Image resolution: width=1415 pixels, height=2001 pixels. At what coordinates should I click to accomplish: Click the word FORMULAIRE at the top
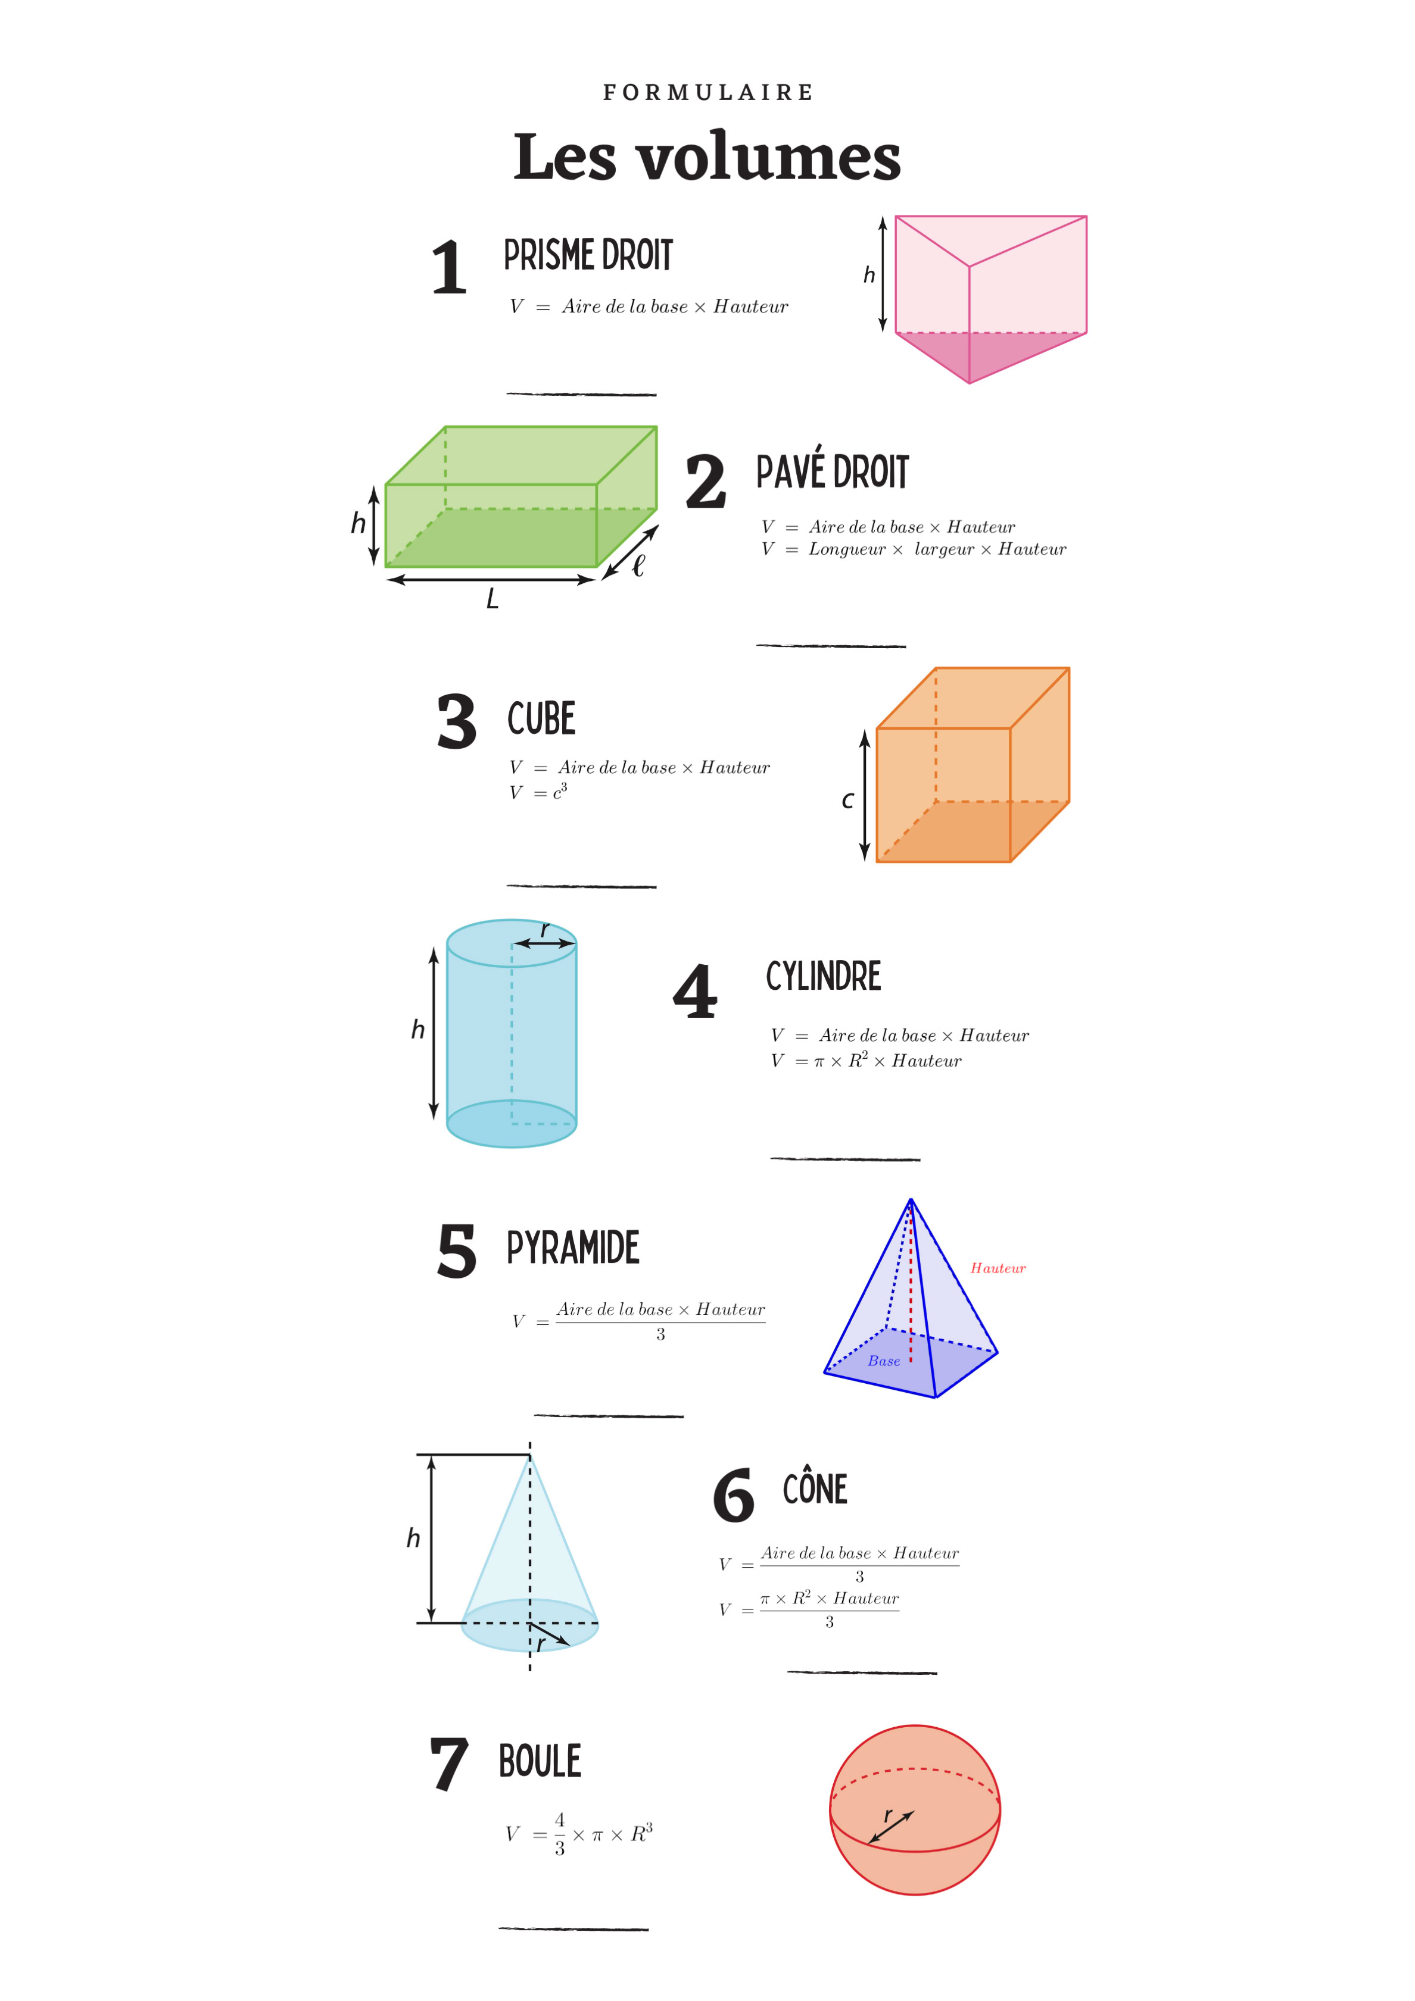click(708, 92)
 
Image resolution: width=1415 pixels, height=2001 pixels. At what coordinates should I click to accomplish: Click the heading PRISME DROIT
click(588, 255)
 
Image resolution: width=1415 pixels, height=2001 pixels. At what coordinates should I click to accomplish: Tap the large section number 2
click(705, 482)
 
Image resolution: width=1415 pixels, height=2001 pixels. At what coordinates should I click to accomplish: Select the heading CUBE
click(541, 718)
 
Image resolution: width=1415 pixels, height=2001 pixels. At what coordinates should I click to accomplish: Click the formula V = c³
click(539, 792)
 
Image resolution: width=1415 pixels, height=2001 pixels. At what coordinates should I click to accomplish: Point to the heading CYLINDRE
click(824, 976)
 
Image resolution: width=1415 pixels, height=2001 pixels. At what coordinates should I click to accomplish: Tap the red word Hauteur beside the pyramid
click(998, 1268)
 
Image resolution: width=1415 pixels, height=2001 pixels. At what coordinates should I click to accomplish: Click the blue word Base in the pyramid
click(884, 1361)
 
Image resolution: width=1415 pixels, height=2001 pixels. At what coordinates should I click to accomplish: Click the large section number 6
click(733, 1496)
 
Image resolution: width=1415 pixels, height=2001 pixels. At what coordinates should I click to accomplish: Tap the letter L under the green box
click(493, 599)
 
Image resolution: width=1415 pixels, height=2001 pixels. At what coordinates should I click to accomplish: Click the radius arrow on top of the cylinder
click(544, 943)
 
